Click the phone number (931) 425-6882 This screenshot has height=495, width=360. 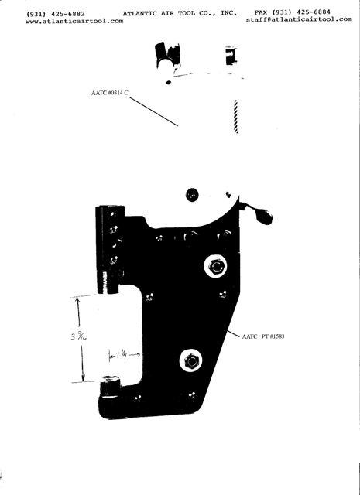point(56,14)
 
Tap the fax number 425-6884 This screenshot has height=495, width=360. point(314,12)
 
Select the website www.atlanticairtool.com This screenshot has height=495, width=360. point(74,22)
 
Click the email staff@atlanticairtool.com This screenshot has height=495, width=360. point(299,19)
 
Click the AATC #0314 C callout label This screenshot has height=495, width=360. point(110,93)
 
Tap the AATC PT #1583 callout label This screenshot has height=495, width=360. point(263,336)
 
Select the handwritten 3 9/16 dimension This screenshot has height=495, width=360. point(79,337)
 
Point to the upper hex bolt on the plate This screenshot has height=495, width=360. point(215,266)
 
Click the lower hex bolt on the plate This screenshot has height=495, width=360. point(191,361)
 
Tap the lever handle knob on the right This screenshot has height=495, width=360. point(265,217)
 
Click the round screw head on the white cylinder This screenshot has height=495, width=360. point(192,195)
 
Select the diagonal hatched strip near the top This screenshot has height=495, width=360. point(235,117)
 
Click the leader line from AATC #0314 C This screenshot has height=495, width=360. point(153,111)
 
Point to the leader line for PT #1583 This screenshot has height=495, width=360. point(233,334)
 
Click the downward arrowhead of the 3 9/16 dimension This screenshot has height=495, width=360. point(83,377)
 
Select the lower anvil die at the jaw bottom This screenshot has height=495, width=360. point(110,385)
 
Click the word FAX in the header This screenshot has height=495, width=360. point(260,12)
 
